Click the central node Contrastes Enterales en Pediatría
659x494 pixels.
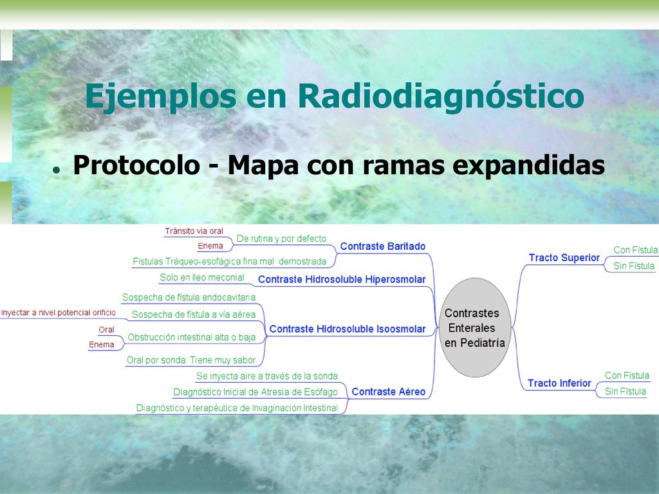(475, 327)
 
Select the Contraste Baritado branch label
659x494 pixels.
(382, 246)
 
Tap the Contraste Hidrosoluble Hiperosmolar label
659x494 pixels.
(342, 279)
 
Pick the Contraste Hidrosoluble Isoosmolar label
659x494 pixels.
(347, 329)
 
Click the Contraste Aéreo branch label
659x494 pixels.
(388, 392)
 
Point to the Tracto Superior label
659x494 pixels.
(564, 257)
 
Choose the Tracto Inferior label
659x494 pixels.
(559, 383)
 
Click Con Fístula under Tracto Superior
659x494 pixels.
(635, 250)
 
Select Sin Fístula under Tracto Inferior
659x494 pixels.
(625, 392)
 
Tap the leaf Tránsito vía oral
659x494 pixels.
(194, 231)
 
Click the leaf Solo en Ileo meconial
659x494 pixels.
(201, 278)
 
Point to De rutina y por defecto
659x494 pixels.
(281, 239)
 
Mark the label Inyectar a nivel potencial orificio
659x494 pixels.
(58, 313)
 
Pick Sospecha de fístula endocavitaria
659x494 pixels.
(189, 297)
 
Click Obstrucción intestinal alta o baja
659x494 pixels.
(192, 337)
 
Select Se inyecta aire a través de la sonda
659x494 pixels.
(267, 376)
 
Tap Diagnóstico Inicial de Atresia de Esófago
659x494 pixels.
(255, 392)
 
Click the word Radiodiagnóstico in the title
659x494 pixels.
(441, 96)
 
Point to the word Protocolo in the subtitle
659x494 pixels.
(136, 165)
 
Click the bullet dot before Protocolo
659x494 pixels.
(55, 170)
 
